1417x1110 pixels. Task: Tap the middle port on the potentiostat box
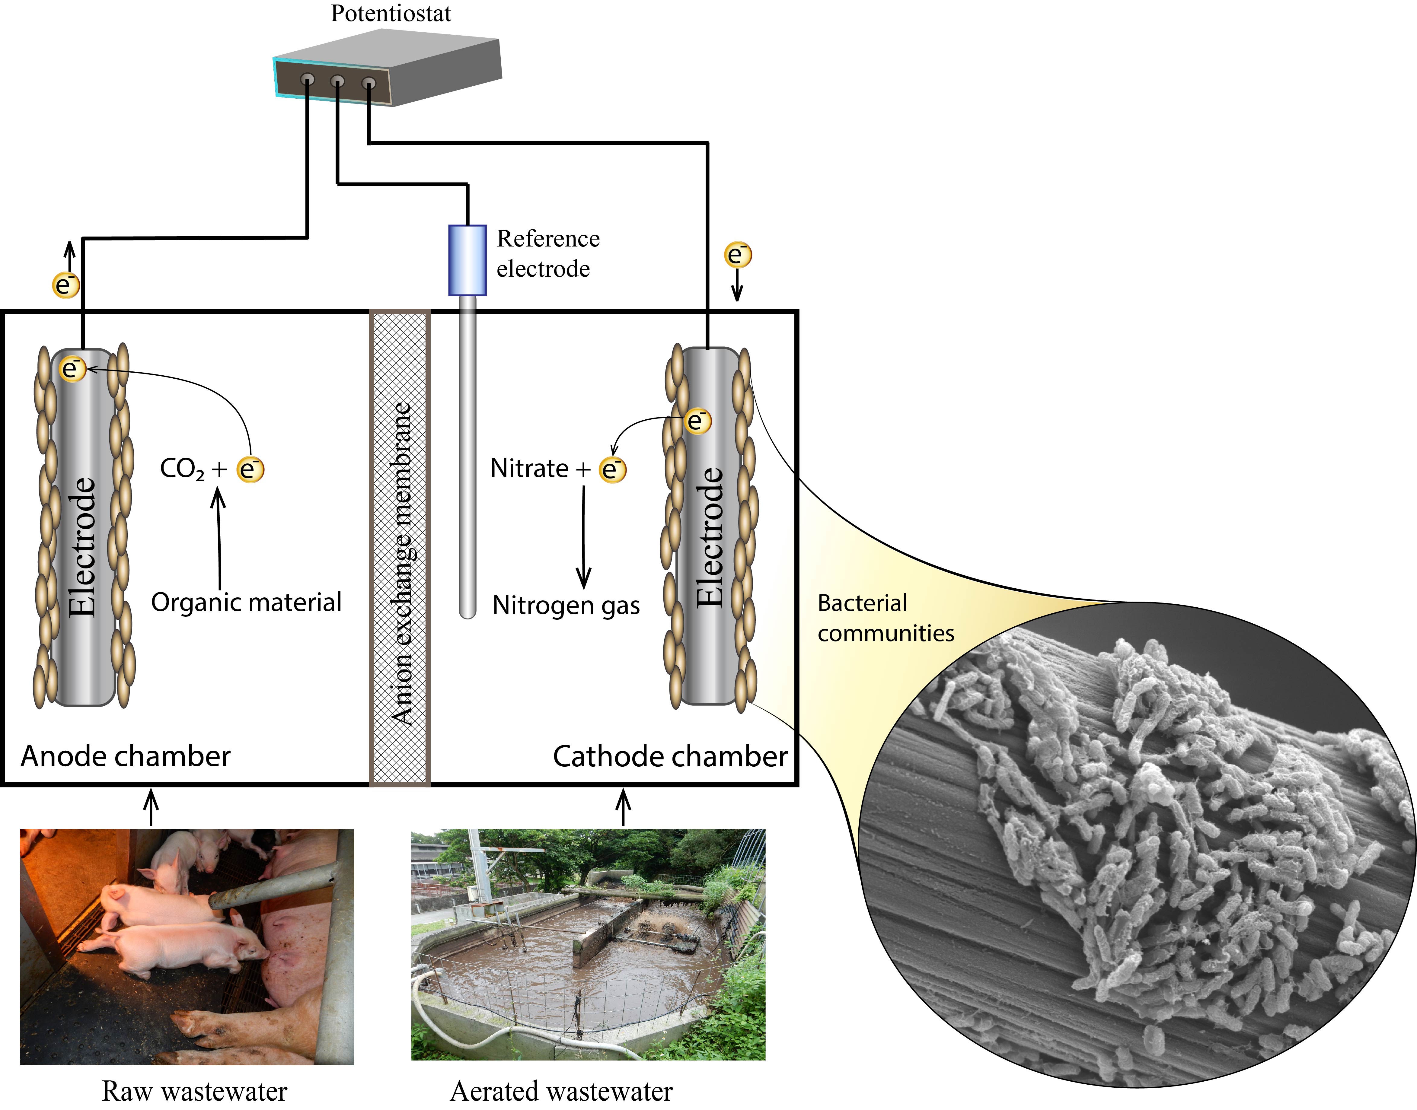point(337,81)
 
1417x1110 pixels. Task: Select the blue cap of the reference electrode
point(467,260)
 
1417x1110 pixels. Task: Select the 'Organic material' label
point(246,603)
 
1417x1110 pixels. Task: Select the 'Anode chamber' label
point(126,756)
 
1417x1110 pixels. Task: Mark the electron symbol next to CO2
point(250,469)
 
